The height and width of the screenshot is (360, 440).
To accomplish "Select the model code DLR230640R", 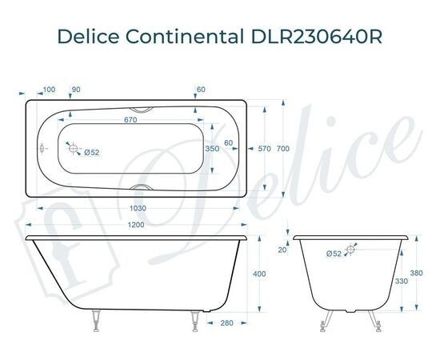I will [310, 38].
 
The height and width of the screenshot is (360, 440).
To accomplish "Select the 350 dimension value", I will [211, 149].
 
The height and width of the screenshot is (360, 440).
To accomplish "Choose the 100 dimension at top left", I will [49, 89].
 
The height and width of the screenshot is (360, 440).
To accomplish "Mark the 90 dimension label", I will [76, 89].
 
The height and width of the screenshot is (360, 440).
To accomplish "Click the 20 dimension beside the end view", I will [282, 250].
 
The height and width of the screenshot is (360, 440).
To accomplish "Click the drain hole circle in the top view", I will [73, 149].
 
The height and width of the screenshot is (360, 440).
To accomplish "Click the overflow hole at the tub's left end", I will [42, 149].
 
